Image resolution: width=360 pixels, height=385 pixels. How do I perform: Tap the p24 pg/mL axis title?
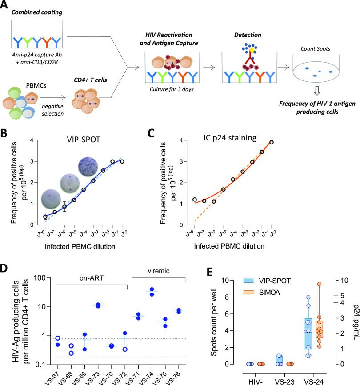354,325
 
